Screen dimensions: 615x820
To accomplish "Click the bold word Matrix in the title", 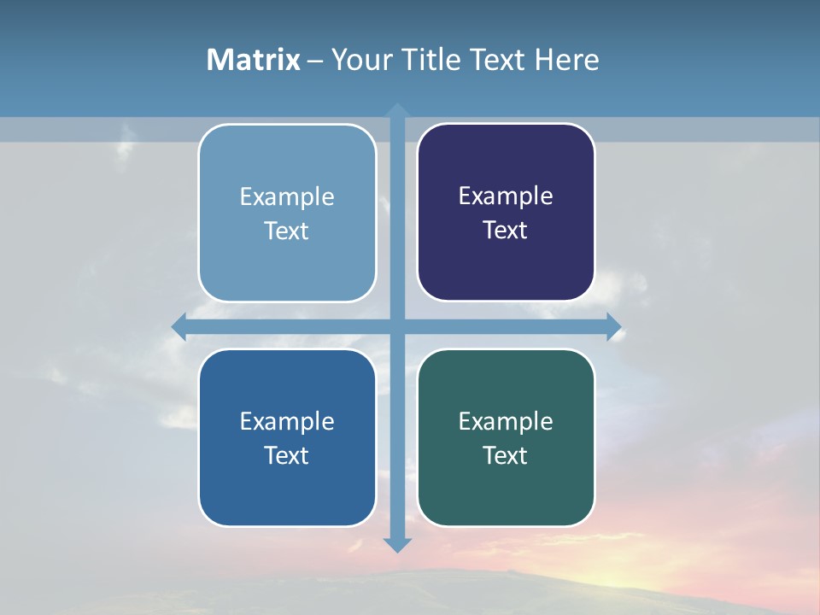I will point(254,60).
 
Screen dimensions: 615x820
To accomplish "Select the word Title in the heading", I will point(431,60).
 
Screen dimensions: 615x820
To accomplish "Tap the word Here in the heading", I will point(566,60).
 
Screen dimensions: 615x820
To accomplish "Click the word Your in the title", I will point(361,60).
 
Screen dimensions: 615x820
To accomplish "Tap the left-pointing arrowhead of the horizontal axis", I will point(179,326).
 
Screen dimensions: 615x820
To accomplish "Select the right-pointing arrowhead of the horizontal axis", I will point(613,326).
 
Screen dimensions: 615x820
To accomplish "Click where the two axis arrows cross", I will point(397,326).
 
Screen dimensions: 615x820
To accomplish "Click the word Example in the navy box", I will point(506,196).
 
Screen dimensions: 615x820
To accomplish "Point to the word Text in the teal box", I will point(506,455).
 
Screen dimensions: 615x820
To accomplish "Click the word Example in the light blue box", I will point(287,197).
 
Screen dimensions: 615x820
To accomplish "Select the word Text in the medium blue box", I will point(287,455).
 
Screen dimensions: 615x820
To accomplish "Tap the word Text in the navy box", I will point(506,231).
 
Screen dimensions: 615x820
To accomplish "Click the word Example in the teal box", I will point(506,421).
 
